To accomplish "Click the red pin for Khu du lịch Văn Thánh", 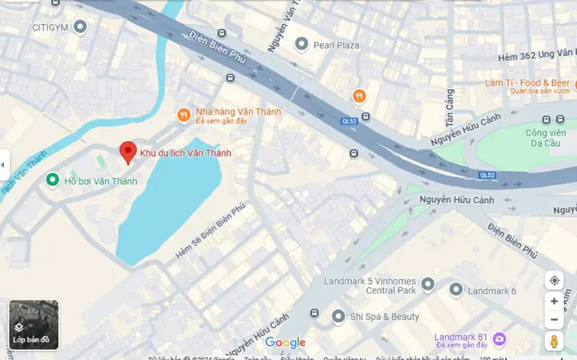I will (127, 152).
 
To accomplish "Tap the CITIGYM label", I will (47, 27).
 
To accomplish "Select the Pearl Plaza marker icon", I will (302, 44).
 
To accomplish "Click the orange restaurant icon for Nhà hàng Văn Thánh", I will (184, 115).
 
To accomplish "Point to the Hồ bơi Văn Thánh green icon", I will (53, 180).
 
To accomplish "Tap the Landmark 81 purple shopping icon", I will (499, 339).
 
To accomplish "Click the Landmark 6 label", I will (492, 290).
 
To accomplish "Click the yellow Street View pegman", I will (554, 342).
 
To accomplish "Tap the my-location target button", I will (554, 281).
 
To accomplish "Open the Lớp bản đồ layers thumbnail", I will (34, 325).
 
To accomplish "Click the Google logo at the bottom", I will (285, 343).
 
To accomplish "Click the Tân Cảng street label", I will (449, 107).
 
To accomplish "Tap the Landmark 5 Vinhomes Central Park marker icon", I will (427, 285).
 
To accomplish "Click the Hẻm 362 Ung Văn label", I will (536, 54).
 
